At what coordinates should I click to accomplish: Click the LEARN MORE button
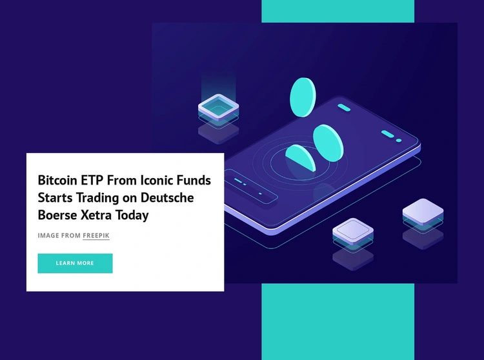coord(75,263)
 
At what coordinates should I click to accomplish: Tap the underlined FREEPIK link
coord(96,235)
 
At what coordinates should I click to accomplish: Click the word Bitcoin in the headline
coord(57,180)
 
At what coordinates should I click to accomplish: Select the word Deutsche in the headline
coord(167,197)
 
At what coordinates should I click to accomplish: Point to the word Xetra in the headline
coord(96,215)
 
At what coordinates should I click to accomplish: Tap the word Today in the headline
coord(132,215)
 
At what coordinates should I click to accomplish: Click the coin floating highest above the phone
coord(303,97)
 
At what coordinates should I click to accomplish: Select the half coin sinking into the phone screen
coord(300,157)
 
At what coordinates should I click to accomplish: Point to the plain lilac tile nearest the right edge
coord(423,212)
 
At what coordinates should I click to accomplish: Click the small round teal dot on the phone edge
coord(399,141)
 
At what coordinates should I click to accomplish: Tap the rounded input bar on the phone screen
coord(251,186)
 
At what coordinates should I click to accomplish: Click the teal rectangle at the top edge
coord(338,11)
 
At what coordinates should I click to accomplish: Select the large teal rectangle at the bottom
coord(338,322)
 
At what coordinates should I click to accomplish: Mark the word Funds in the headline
coord(194,180)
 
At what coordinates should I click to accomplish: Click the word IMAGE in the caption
coord(48,235)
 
